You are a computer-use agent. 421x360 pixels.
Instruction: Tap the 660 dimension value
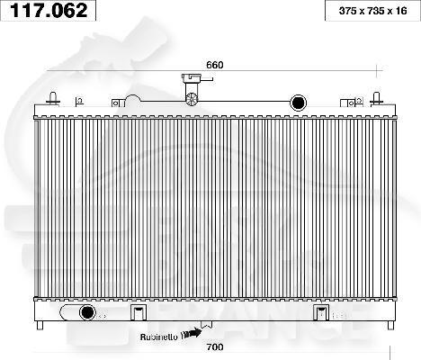pos(214,65)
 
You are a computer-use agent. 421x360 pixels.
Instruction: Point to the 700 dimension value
pos(214,346)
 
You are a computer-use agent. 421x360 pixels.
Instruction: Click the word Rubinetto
pos(157,337)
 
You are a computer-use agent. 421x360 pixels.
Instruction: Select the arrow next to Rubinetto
pos(192,335)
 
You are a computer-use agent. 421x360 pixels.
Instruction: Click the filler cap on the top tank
pos(192,83)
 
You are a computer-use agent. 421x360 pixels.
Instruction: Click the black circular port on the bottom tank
pos(86,312)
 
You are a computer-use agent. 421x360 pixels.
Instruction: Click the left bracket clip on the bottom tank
pos(139,312)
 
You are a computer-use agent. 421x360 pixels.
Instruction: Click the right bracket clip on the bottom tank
pos(320,312)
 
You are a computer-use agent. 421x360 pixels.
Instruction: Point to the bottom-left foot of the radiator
pos(40,321)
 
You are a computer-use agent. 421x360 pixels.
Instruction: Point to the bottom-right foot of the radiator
pos(390,321)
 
